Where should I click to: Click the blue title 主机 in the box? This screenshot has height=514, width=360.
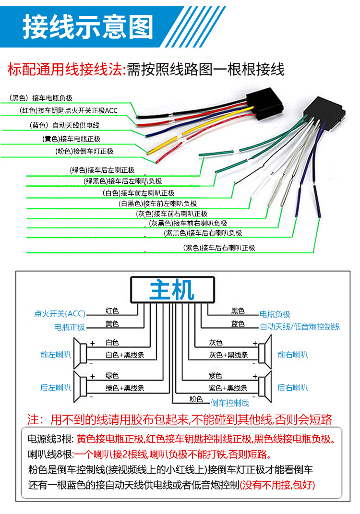(172, 290)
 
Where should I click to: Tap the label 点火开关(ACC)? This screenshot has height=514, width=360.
(60, 314)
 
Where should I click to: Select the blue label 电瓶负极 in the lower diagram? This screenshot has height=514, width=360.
(275, 314)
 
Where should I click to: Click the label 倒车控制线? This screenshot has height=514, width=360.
(230, 403)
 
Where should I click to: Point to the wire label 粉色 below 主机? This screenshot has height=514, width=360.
(196, 399)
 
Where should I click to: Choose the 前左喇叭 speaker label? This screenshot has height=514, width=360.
(56, 355)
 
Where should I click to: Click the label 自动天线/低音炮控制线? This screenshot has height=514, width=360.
(300, 327)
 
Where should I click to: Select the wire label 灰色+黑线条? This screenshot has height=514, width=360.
(228, 355)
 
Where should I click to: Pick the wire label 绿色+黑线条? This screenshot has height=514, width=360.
(125, 388)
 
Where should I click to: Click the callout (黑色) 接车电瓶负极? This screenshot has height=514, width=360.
(41, 98)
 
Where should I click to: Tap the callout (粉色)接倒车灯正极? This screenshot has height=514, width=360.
(84, 151)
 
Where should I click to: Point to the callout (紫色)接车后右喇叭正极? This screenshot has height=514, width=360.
(219, 248)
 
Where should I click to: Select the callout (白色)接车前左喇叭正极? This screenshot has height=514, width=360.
(139, 193)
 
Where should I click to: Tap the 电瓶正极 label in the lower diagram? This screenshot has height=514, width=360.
(70, 327)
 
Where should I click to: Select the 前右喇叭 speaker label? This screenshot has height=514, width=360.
(293, 355)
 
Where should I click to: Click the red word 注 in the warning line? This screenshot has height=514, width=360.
(34, 419)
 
